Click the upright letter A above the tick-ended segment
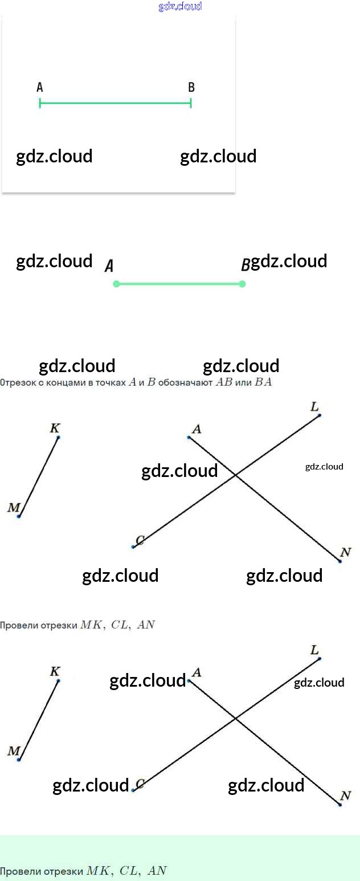pos(40,87)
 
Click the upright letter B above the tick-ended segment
pos(191,87)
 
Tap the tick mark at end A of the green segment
pos(40,103)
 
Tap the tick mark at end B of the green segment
pos(191,103)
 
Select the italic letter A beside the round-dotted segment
pos(109,266)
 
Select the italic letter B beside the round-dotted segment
pos(246,265)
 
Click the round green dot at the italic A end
pos(116,284)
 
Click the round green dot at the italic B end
pos(242,284)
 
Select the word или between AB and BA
pos(243,383)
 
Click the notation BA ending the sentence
pos(263,383)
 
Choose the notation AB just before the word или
pos(224,383)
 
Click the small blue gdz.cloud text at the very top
pos(180,7)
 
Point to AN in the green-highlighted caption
pos(157,871)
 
